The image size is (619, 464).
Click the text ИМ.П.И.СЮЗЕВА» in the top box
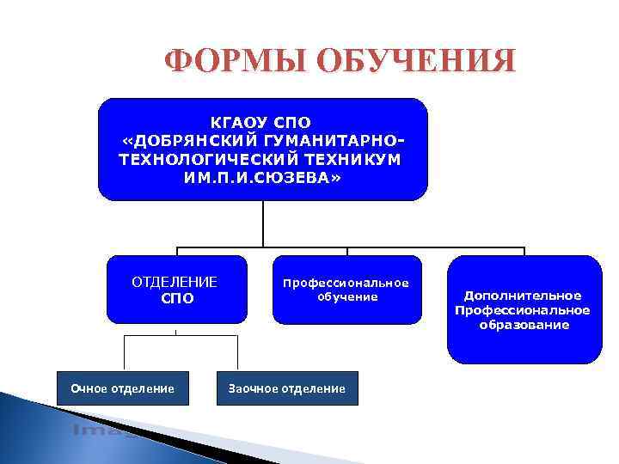tap(262, 177)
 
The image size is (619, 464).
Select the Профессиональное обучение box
tap(346, 289)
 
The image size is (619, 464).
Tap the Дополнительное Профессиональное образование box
tap(524, 309)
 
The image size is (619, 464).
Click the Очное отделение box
tap(122, 389)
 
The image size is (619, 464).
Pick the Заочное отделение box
tap(286, 389)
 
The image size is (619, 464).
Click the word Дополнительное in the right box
tap(524, 295)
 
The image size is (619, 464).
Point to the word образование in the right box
tap(524, 325)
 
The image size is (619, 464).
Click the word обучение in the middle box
tap(346, 296)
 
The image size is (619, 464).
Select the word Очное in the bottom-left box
tap(89, 389)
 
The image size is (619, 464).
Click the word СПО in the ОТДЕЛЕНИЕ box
tap(177, 298)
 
